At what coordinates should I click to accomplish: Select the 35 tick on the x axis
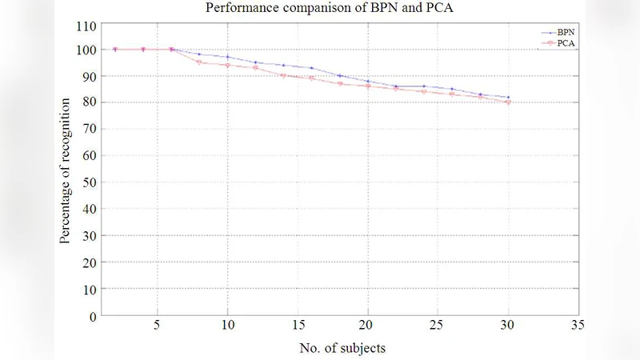click(x=578, y=327)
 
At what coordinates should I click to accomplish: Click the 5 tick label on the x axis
click(x=158, y=327)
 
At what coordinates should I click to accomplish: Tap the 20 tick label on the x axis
click(x=367, y=327)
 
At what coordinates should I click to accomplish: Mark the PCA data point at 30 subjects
click(x=508, y=102)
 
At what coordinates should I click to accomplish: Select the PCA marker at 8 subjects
click(x=199, y=62)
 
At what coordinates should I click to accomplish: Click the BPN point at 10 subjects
click(x=227, y=57)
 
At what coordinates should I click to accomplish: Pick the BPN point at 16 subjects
click(x=311, y=68)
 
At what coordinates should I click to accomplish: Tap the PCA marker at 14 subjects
click(x=283, y=76)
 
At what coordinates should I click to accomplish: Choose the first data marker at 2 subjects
click(x=115, y=50)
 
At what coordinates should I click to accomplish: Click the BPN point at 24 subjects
click(x=423, y=86)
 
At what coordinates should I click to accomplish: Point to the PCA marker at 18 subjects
click(x=339, y=83)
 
